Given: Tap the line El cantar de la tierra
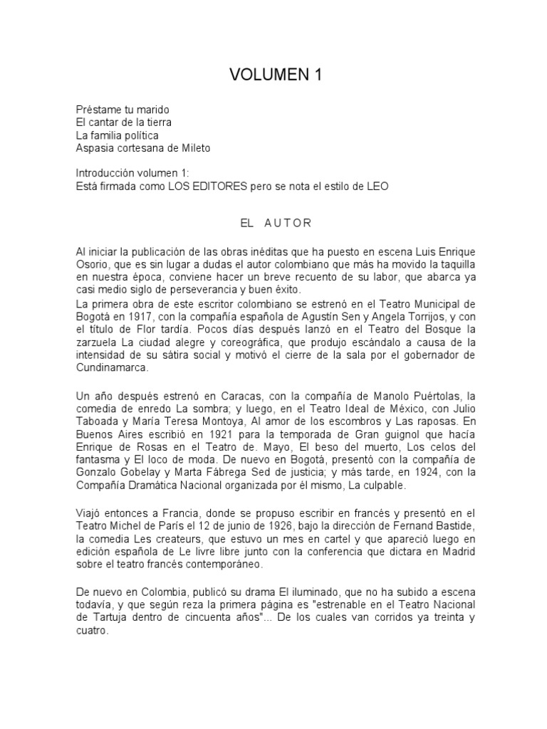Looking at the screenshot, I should click(x=123, y=122).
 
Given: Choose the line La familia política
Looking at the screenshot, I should click(x=118, y=135).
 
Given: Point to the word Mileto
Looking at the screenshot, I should click(x=194, y=148).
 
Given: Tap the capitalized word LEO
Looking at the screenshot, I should click(x=378, y=187).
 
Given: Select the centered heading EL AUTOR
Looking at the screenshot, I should click(x=276, y=223).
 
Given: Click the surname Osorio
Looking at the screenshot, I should click(x=91, y=265).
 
